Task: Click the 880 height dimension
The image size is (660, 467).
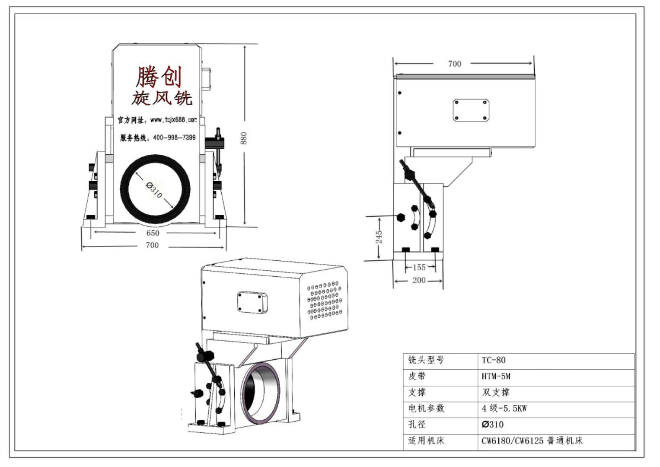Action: pos(244,138)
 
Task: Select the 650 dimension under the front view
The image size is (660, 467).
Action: pos(153,233)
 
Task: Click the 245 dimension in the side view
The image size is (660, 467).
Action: pos(379,237)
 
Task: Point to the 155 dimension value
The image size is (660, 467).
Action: pos(419,268)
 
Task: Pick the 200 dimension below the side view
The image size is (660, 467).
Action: pos(419,280)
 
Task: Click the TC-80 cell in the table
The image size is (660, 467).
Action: pos(494,360)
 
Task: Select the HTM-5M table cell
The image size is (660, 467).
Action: pos(496,376)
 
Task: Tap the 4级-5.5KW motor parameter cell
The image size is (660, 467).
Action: pos(504,408)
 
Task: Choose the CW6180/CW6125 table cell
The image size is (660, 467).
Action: pos(532,441)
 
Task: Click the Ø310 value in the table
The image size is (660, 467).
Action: pos(493,424)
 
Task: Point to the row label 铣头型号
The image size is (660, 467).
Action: pos(426,360)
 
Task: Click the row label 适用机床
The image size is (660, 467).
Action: pos(426,441)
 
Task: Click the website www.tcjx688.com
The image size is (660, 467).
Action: pos(174,120)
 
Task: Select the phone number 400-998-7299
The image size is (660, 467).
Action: pos(174,138)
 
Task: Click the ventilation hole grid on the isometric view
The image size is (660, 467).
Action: pos(325,301)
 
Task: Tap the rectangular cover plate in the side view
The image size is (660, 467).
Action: pos(471,110)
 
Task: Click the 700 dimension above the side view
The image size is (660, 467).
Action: pos(454,64)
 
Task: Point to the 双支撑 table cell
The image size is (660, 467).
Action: pos(496,392)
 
